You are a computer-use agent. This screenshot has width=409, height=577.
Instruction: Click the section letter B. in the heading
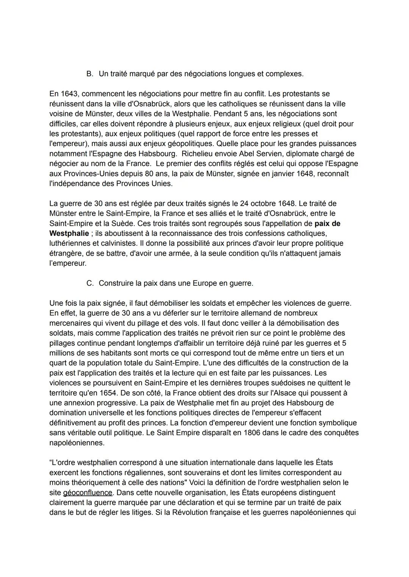pyautogui.click(x=90, y=74)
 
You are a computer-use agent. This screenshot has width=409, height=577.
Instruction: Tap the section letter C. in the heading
pyautogui.click(x=90, y=283)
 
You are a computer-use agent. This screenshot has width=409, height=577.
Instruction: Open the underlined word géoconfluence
pyautogui.click(x=87, y=493)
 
